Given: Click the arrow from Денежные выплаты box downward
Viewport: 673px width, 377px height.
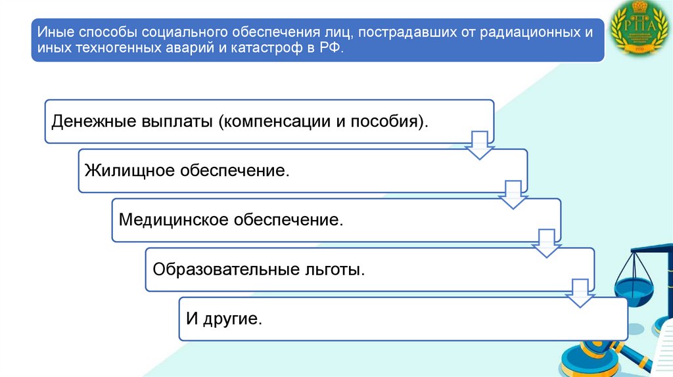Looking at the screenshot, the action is [x=479, y=145].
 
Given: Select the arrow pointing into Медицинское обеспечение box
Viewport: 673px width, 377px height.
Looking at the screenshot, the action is [x=513, y=195].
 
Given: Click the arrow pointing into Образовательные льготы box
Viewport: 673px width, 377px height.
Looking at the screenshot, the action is [x=546, y=244].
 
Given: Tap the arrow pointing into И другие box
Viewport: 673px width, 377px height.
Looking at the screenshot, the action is [x=579, y=293].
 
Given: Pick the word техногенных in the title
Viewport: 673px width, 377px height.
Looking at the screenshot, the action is [x=113, y=49].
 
